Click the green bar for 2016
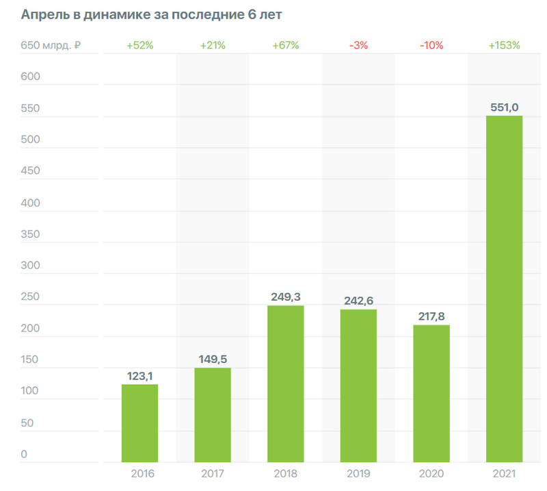coord(139,423)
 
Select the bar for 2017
coord(213,414)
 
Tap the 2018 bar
coord(285,383)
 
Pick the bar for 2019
coord(358,386)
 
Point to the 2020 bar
coord(431,393)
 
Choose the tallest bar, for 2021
coord(504,288)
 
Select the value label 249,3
coord(286,297)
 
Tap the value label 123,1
coord(140,375)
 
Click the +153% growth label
coord(504,46)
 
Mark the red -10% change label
coord(431,46)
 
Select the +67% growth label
coord(285,46)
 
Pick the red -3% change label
coord(358,46)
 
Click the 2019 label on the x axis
coord(358,473)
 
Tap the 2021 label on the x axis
coord(504,473)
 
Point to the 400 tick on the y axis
coord(31,203)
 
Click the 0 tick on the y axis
coord(24,454)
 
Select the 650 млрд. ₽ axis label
coord(51,46)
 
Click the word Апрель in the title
coord(45,14)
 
